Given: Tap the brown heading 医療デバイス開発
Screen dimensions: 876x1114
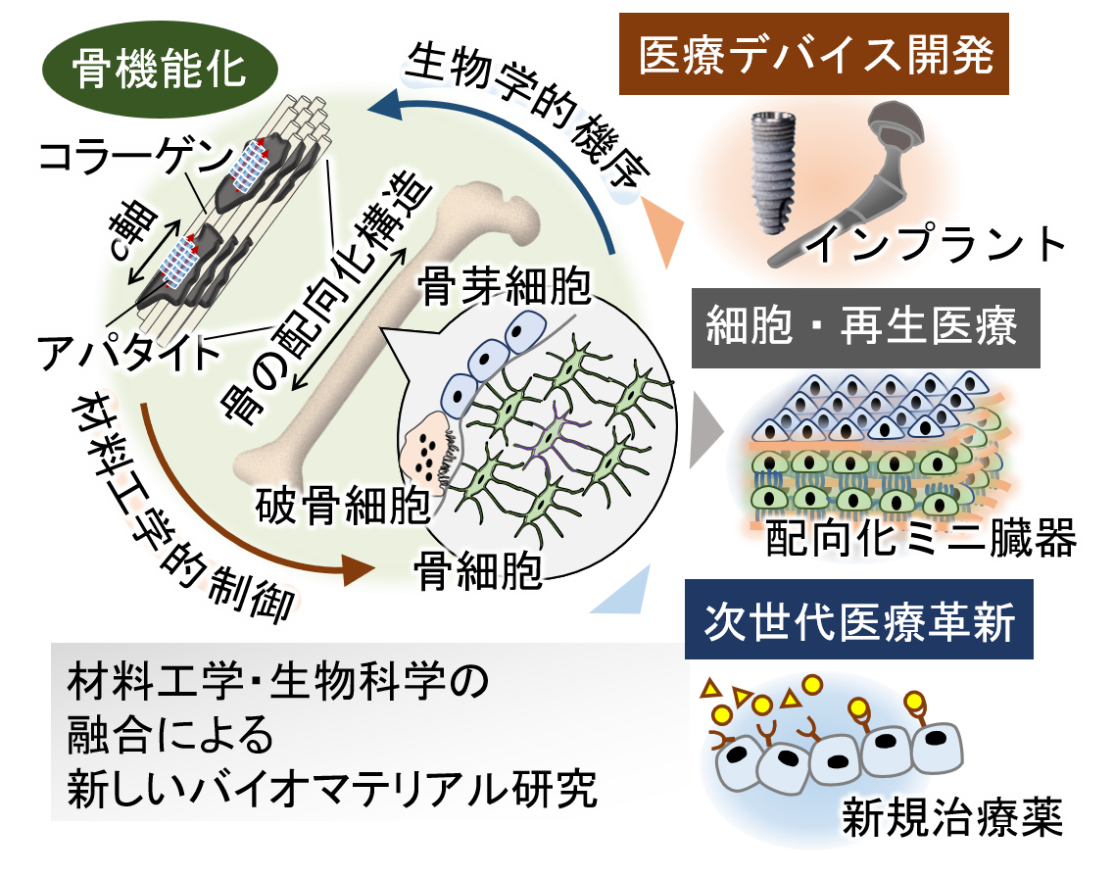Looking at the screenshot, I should tap(815, 56).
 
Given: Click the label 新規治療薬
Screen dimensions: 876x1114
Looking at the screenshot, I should tap(951, 818).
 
